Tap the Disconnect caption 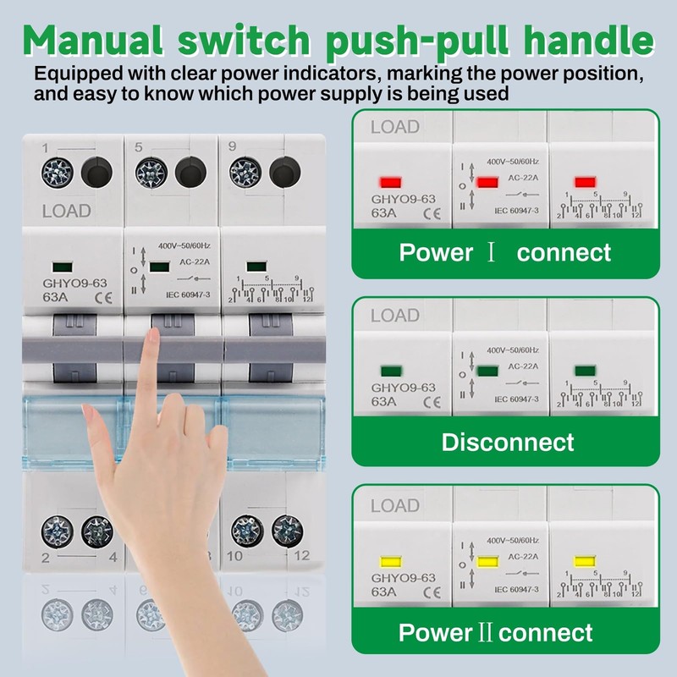(508, 442)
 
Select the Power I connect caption (504, 252)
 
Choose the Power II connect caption (496, 632)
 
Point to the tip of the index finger (152, 336)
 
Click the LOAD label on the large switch (66, 211)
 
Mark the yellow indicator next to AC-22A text (487, 561)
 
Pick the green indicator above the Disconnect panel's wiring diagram (583, 370)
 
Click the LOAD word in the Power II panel (395, 506)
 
